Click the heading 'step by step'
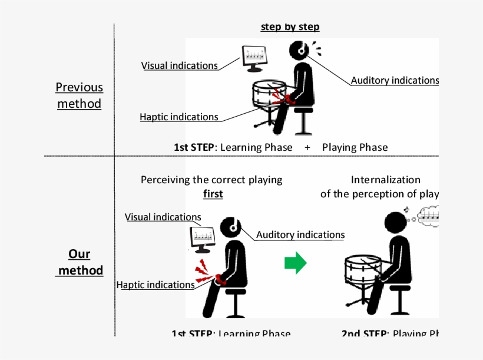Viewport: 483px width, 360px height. (x=290, y=27)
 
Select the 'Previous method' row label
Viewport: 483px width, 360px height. (x=79, y=95)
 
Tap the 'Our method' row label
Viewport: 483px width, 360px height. (x=80, y=262)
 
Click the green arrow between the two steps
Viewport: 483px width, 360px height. (x=295, y=263)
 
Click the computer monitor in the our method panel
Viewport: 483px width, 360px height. (x=201, y=238)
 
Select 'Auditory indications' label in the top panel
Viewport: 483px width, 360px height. (x=395, y=81)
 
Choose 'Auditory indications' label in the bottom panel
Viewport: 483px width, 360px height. (x=300, y=235)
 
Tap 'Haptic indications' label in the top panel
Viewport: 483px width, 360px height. (x=179, y=117)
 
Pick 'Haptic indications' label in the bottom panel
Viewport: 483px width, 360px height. (x=156, y=285)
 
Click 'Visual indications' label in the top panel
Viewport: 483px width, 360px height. (x=180, y=65)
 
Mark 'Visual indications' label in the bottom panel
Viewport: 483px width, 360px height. (x=163, y=217)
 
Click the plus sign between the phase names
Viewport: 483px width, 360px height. (x=307, y=147)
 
